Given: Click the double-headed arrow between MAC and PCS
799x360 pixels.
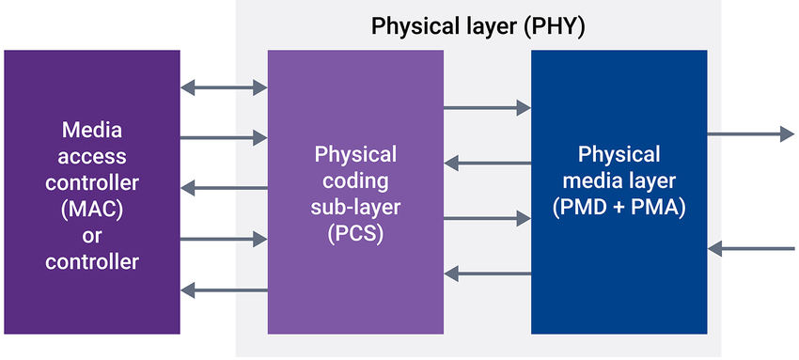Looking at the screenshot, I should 223,88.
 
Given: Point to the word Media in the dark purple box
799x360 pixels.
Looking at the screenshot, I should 91,130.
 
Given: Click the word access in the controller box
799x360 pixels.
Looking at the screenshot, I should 91,156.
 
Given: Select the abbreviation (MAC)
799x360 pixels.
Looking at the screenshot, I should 91,209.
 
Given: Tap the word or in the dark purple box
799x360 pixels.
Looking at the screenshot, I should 91,235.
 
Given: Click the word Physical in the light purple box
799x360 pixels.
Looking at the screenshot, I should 355,154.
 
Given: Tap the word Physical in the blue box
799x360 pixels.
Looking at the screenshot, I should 619,154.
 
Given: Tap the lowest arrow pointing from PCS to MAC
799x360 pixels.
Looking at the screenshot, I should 223,290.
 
